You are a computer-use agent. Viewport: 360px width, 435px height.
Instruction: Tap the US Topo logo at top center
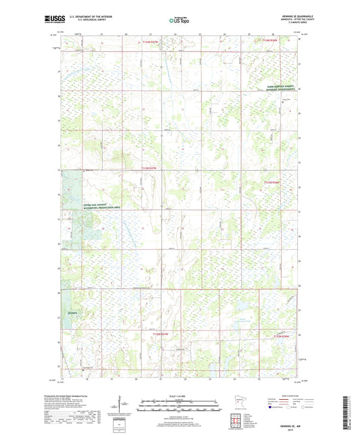180,21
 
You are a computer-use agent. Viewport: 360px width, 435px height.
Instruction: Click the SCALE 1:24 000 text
180,396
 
